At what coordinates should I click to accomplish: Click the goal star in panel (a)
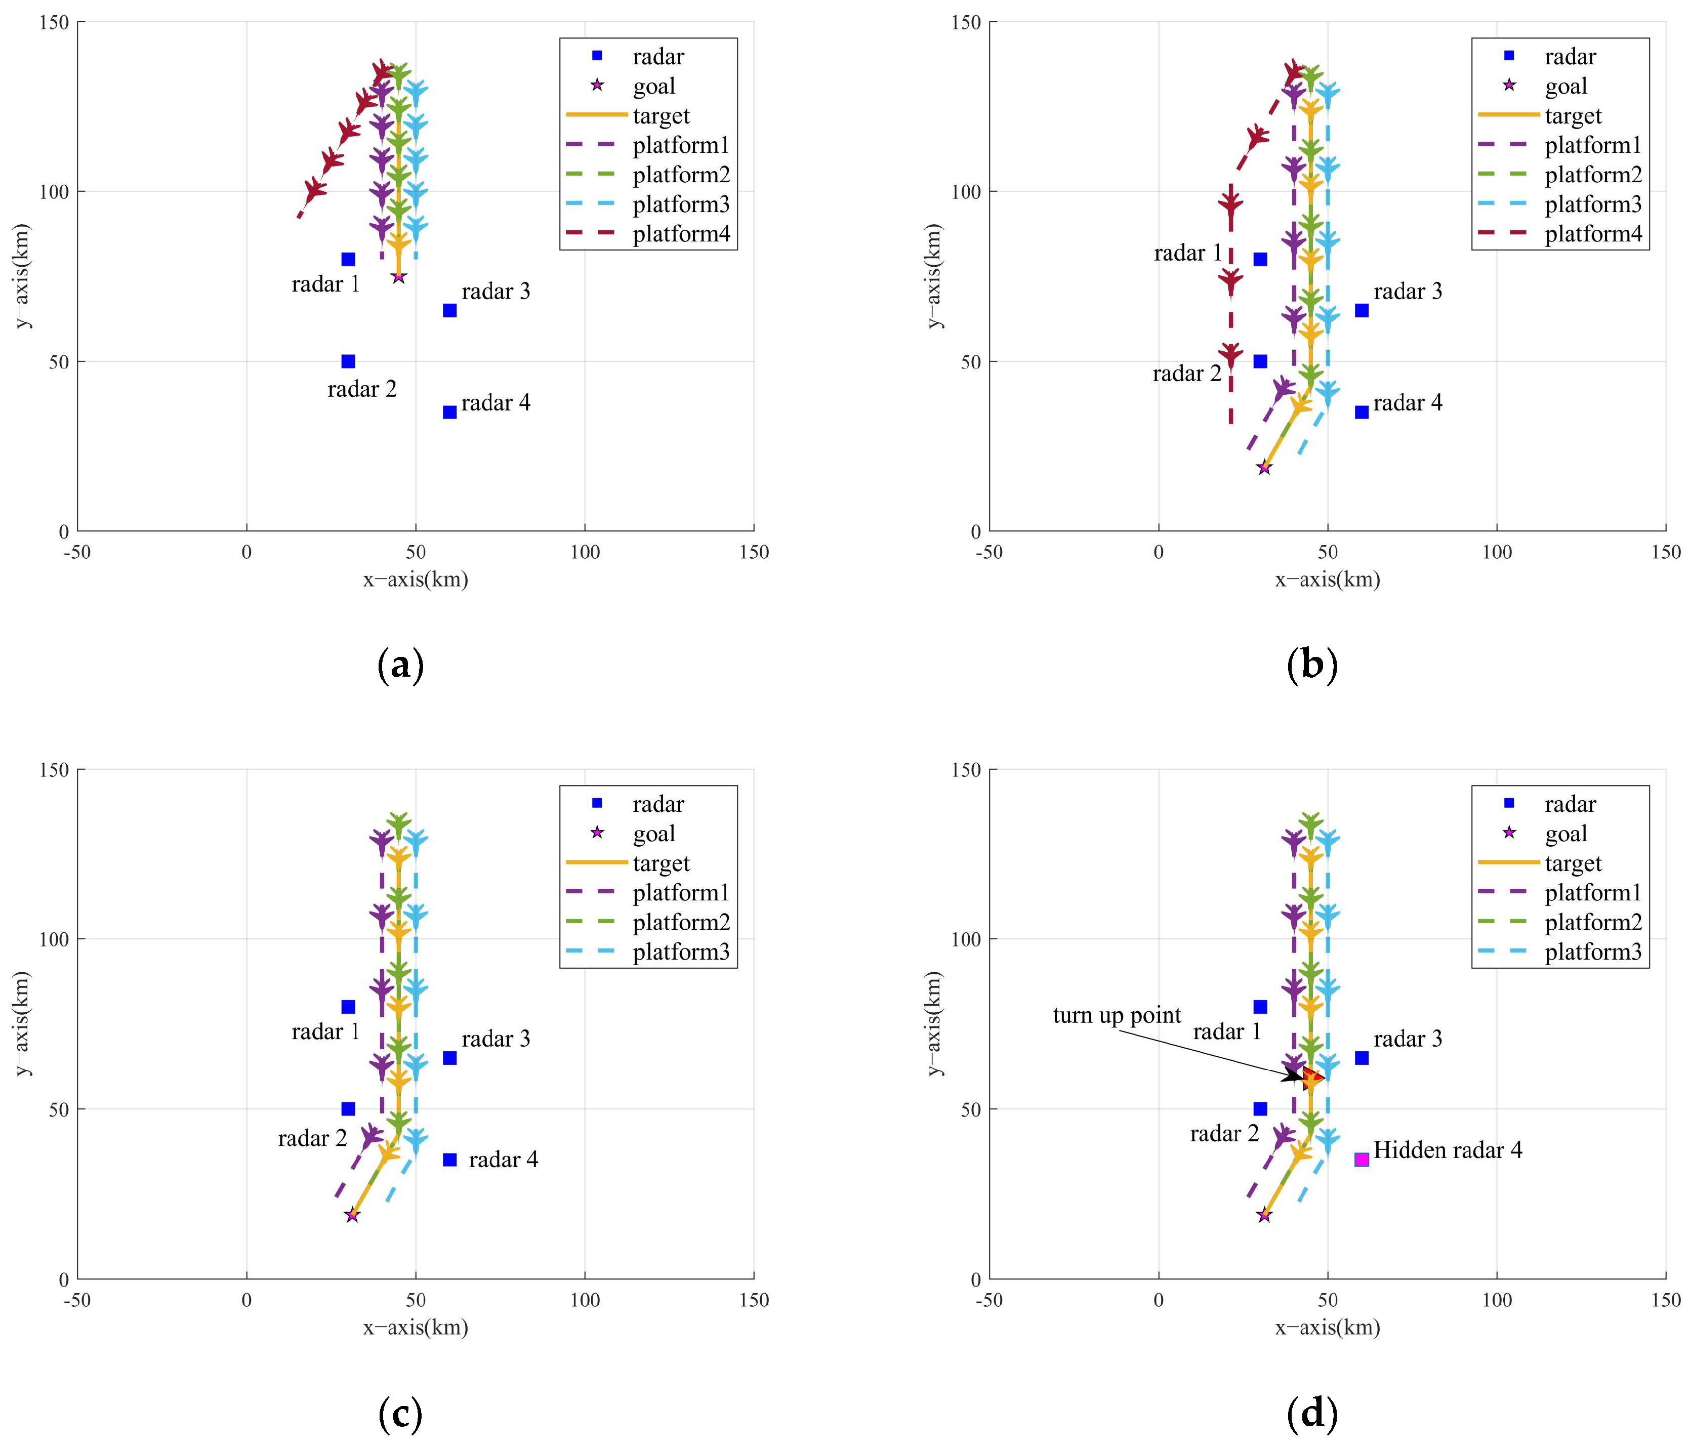click(398, 277)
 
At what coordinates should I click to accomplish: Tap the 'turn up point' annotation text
click(1116, 1015)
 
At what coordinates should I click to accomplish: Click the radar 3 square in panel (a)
click(449, 310)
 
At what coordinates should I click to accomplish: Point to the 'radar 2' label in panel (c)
click(312, 1138)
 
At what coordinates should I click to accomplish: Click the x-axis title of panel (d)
click(1327, 1327)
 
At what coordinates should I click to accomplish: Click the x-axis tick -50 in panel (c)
click(77, 1300)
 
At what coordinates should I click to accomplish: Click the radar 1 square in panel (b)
click(1260, 259)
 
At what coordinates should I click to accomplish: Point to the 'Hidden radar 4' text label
click(1447, 1150)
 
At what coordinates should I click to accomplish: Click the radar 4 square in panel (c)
click(449, 1159)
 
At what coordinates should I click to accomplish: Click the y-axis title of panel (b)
click(935, 276)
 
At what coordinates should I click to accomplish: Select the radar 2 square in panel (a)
click(348, 361)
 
